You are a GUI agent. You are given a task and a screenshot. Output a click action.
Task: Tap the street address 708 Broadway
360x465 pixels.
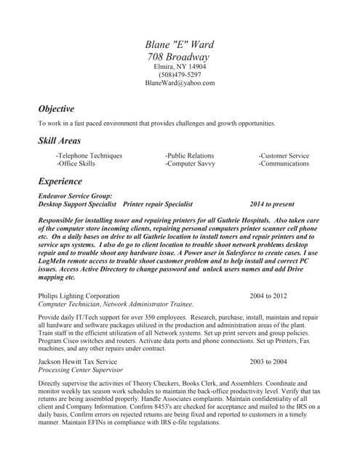(179, 57)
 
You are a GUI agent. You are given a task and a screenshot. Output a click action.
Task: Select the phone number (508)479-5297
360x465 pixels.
(180, 75)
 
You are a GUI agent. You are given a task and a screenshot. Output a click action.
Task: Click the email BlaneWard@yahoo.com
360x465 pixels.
(180, 84)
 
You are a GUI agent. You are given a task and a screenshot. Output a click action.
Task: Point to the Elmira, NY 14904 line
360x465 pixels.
(180, 67)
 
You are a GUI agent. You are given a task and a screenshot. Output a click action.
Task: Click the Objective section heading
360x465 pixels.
(56, 108)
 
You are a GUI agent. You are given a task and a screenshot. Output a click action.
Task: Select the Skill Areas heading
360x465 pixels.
(60, 140)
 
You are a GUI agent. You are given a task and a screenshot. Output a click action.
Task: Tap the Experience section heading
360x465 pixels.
(60, 181)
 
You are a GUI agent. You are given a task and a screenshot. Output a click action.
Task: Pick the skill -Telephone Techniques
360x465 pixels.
(89, 155)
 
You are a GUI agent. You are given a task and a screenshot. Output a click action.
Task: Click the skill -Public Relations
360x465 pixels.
(189, 155)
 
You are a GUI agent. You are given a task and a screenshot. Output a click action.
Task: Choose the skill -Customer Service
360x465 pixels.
(284, 155)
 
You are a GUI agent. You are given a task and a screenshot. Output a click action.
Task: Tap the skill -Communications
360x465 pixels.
(284, 163)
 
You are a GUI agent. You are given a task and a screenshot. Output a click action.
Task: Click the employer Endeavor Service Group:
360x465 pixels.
(75, 196)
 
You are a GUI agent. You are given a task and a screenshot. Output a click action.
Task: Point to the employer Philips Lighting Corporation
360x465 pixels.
(79, 296)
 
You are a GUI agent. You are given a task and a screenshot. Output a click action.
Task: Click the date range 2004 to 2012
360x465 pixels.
(268, 296)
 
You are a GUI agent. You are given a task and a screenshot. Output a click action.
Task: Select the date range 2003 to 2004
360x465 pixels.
(268, 361)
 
